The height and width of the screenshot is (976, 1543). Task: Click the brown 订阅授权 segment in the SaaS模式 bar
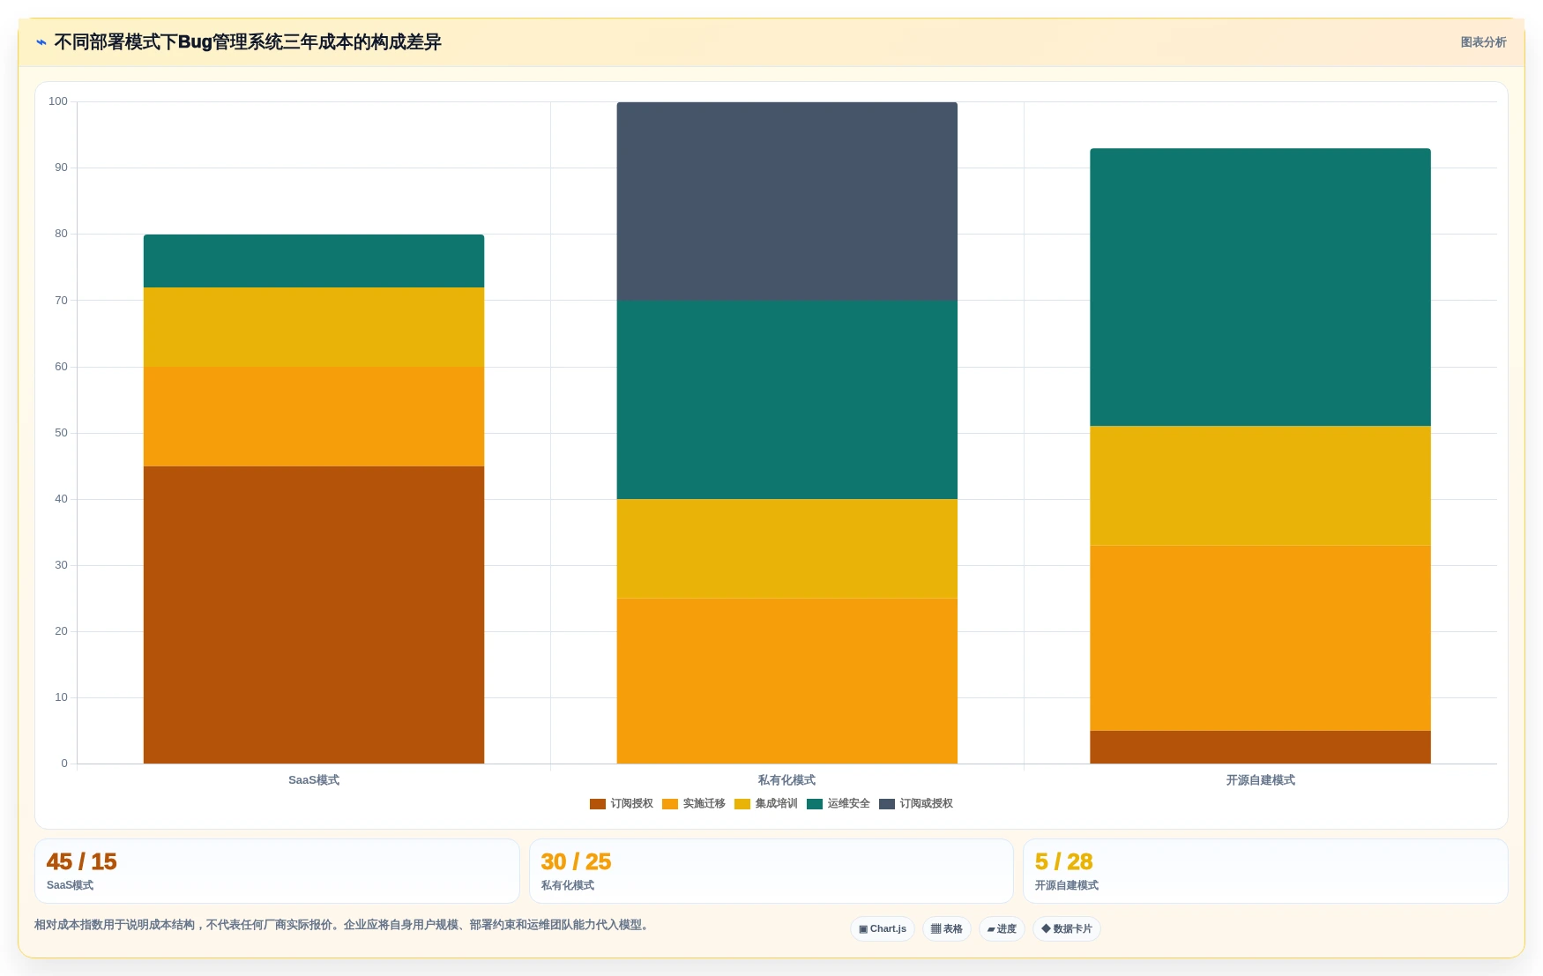314,615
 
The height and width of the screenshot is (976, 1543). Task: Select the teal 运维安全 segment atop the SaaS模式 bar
314,261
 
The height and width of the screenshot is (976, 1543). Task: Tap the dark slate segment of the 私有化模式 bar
786,201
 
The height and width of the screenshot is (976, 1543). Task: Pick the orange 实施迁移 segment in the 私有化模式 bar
786,681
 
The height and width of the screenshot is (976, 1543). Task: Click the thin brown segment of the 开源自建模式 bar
1260,747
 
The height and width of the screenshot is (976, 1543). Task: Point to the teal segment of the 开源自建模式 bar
1260,287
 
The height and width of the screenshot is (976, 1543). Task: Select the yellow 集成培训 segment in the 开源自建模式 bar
1260,486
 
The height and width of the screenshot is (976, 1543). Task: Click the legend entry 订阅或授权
916,803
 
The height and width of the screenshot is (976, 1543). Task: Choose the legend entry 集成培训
765,803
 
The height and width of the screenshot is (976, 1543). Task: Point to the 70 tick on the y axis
61,300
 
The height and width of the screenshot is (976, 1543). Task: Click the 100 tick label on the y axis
58,101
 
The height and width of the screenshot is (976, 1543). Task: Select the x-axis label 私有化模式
786,780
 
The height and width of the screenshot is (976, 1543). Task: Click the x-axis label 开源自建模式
1260,780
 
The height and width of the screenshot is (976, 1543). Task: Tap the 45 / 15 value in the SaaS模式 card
81,861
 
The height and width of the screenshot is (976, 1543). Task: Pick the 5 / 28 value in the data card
1063,861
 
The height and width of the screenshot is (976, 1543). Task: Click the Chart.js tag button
883,928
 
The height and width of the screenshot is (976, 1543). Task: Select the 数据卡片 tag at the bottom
1066,928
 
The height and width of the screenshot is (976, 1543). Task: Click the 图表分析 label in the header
1483,42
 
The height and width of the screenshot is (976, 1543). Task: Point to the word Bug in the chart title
195,42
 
